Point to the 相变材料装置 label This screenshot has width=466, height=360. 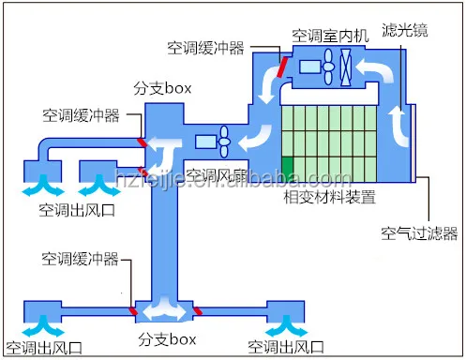click(x=329, y=199)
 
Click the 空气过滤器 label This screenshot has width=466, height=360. click(x=418, y=232)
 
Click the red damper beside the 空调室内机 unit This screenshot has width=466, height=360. click(x=280, y=67)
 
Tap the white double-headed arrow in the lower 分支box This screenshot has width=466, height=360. click(x=162, y=307)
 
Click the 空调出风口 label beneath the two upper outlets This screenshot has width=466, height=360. click(x=73, y=208)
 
